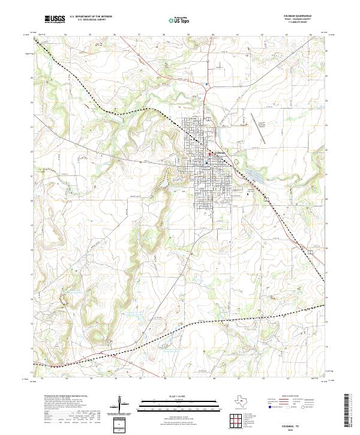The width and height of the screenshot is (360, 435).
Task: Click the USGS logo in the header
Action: click(55, 20)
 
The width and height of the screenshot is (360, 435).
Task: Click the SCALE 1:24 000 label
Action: click(179, 397)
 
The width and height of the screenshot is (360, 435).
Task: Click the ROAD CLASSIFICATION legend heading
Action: click(295, 397)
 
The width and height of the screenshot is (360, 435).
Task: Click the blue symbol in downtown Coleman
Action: click(206, 163)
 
